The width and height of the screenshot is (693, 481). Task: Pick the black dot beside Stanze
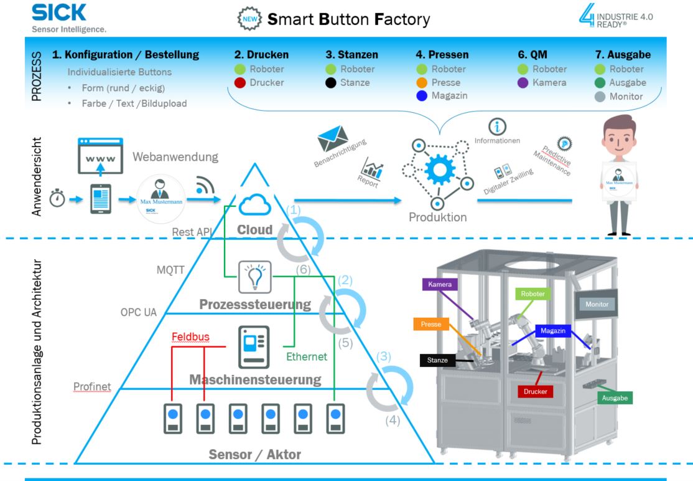click(x=330, y=82)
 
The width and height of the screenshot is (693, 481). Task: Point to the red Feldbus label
click(x=190, y=337)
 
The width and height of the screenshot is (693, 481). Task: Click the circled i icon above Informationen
click(x=496, y=126)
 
